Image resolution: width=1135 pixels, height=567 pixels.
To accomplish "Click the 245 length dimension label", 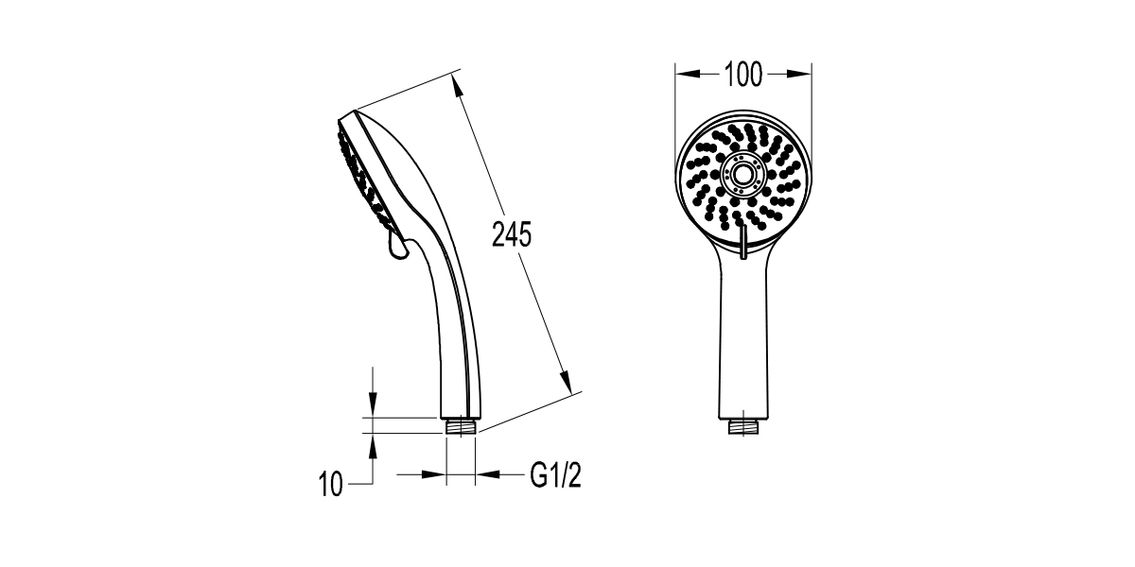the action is (x=512, y=234).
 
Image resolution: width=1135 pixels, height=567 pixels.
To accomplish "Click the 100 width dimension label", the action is (x=742, y=75).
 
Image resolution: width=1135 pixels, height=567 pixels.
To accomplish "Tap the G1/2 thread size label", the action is (x=556, y=475).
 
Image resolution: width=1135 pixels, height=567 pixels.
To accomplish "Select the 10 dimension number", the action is (x=331, y=484).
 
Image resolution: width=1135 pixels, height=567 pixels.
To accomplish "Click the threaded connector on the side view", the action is (x=461, y=426).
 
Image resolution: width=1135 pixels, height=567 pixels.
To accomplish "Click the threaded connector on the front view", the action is (x=743, y=427).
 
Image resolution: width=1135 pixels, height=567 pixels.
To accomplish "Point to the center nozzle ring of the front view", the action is (x=743, y=174).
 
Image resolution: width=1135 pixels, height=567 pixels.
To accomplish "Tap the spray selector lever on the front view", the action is (x=742, y=243).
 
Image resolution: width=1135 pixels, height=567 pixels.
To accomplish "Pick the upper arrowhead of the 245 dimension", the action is (x=458, y=87).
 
